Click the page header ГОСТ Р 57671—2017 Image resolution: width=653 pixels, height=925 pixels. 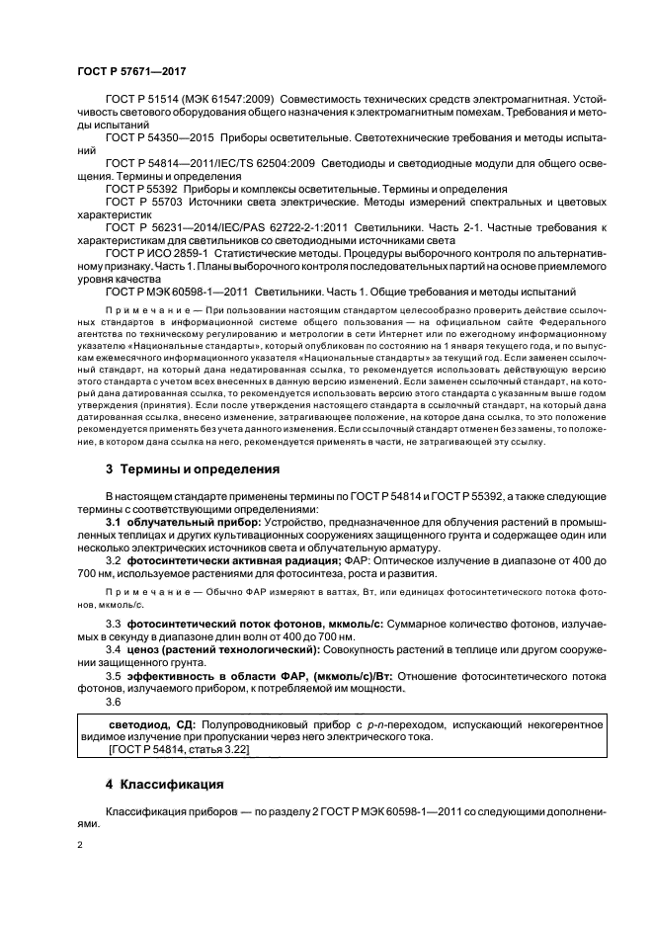pos(130,72)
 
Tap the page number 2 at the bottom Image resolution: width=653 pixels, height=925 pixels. pos(81,846)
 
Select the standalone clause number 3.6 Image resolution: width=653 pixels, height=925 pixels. pos(114,703)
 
